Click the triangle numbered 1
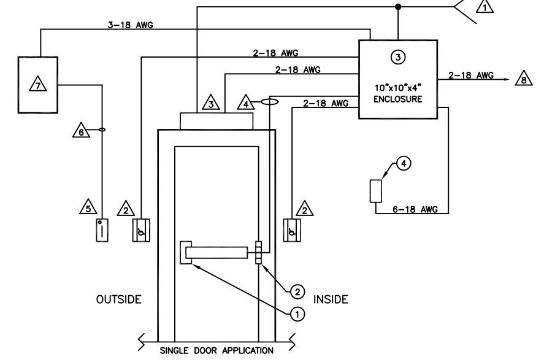click(x=485, y=6)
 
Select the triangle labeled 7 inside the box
click(x=38, y=84)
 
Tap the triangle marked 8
click(x=524, y=79)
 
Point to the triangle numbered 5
click(x=88, y=207)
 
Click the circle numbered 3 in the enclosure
click(x=398, y=57)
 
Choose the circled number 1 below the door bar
click(x=297, y=315)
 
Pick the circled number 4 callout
click(x=404, y=163)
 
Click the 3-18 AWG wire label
click(x=131, y=25)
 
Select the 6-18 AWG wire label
click(x=415, y=209)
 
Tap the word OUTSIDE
click(x=118, y=299)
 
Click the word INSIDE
click(x=331, y=299)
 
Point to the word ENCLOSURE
click(x=398, y=99)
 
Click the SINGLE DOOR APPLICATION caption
click(x=216, y=350)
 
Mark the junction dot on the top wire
click(x=398, y=7)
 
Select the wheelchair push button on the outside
click(x=141, y=230)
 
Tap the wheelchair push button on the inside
click(x=292, y=230)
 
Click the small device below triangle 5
click(x=102, y=229)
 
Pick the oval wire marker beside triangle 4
click(x=270, y=102)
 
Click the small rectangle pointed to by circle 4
click(x=376, y=191)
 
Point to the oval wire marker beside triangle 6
click(x=102, y=130)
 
